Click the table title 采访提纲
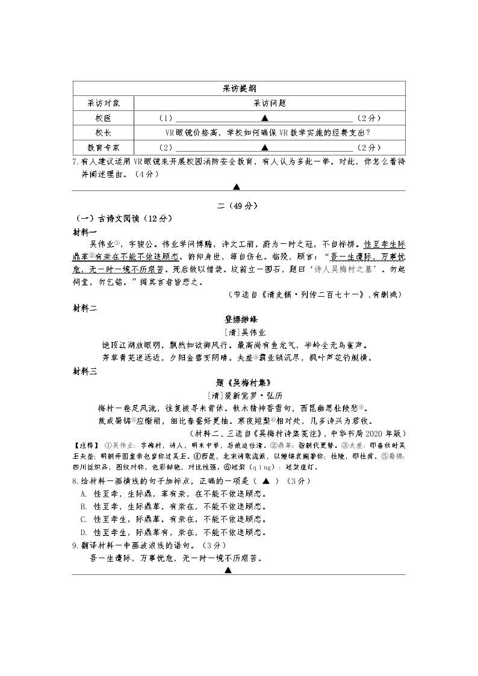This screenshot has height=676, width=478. (239, 88)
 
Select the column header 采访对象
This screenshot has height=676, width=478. (103, 103)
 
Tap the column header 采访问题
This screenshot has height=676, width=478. (269, 103)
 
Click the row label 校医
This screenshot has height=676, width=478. (103, 118)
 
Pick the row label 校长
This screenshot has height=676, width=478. (103, 133)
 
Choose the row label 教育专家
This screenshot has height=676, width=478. (103, 148)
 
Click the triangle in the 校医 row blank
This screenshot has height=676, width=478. (265, 118)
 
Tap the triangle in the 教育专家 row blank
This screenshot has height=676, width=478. (265, 148)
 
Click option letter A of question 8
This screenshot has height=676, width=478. (83, 494)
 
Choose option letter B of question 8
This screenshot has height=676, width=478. (83, 507)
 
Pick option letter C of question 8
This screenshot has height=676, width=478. (83, 519)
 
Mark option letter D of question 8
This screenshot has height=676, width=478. (83, 532)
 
